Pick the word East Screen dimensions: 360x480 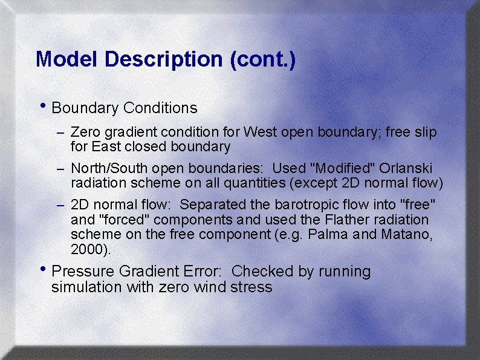(106, 146)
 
